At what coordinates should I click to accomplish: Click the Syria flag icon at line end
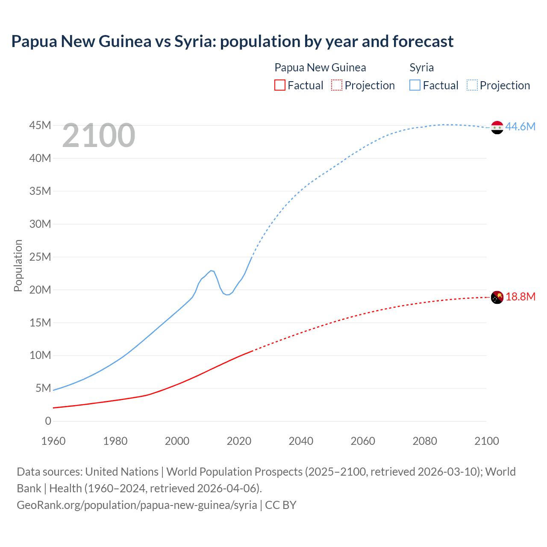[497, 127]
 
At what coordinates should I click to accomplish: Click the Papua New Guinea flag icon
[497, 297]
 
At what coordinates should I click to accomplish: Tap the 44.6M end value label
[520, 126]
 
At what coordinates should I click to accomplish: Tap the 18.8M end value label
[521, 297]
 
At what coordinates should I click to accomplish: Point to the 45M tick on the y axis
[40, 125]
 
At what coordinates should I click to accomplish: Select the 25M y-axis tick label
[40, 257]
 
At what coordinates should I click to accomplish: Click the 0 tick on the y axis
[48, 421]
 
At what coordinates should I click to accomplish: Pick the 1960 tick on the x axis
[53, 441]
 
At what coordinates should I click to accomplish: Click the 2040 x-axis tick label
[301, 441]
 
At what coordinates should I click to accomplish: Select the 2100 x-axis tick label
[486, 441]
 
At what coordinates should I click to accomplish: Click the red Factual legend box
[279, 85]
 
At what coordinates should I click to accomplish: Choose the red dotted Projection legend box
[337, 85]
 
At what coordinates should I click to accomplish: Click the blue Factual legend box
[415, 85]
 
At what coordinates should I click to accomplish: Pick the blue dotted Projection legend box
[472, 85]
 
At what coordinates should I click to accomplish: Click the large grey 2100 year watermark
[99, 135]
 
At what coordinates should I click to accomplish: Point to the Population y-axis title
[18, 265]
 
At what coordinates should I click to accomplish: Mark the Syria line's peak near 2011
[211, 271]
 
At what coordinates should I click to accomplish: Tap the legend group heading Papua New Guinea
[320, 68]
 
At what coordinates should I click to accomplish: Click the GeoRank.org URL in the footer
[137, 505]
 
